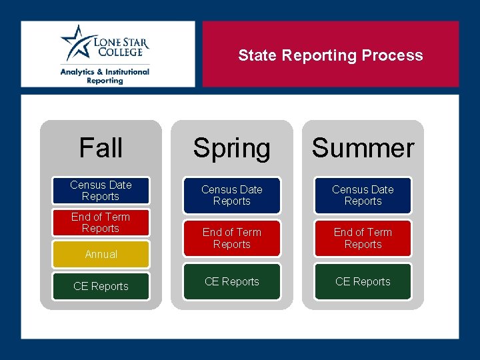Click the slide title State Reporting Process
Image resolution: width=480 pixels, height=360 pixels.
coord(330,55)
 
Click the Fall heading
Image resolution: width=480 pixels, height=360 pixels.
coord(101,147)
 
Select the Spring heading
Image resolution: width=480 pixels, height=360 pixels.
coord(231,148)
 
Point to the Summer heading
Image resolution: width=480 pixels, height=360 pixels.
coord(363,148)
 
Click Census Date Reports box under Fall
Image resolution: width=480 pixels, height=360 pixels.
coord(101,191)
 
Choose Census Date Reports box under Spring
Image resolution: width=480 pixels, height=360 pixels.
coord(231,195)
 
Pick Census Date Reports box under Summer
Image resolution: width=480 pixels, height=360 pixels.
coord(363,195)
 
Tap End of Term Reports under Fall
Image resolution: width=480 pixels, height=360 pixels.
coord(101,223)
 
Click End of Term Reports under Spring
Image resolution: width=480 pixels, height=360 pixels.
coord(231,238)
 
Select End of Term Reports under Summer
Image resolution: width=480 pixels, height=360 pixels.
coord(363,238)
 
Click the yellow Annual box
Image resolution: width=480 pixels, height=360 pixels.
coord(101,254)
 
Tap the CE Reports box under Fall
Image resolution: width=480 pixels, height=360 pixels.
coord(101,286)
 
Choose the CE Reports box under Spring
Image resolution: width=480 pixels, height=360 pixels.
coord(231,281)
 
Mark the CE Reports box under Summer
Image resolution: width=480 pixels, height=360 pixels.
coord(363,281)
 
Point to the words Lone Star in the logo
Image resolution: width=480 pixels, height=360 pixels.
coord(121,41)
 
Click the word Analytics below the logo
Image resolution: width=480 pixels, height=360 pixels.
coord(78,71)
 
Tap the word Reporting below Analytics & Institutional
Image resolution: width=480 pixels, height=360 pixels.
coord(105,81)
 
